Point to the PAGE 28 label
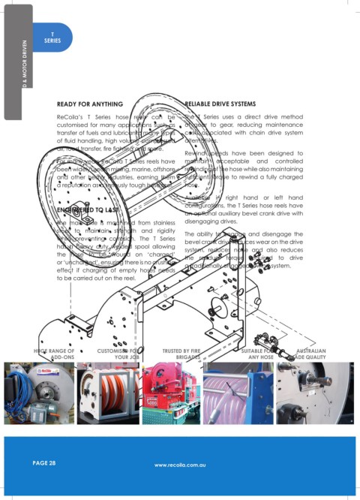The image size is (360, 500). tap(43, 463)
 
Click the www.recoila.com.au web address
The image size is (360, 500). tap(180, 465)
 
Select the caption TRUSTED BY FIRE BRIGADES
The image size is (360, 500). tap(180, 354)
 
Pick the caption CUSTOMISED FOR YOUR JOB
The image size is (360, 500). tap(117, 354)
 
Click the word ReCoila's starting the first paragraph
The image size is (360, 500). tap(71, 119)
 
